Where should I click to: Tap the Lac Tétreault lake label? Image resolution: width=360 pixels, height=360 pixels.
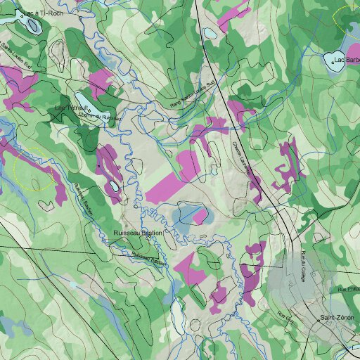(x=71, y=108)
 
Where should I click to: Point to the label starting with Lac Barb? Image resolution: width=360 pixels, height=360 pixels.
(x=347, y=60)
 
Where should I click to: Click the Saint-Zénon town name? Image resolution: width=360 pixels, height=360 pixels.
(x=336, y=319)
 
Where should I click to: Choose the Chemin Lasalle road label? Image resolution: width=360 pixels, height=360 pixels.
(x=243, y=158)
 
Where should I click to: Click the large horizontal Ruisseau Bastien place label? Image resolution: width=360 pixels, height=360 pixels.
(x=138, y=232)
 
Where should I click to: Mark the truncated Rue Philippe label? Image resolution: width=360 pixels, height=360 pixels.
(x=348, y=289)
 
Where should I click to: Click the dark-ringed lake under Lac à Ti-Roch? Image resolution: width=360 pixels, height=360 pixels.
(x=32, y=25)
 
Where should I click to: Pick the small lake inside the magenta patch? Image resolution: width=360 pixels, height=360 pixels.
(x=113, y=186)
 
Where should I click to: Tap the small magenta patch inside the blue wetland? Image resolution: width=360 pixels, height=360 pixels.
(x=200, y=216)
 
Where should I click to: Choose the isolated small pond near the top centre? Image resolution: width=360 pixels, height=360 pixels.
(x=209, y=32)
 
